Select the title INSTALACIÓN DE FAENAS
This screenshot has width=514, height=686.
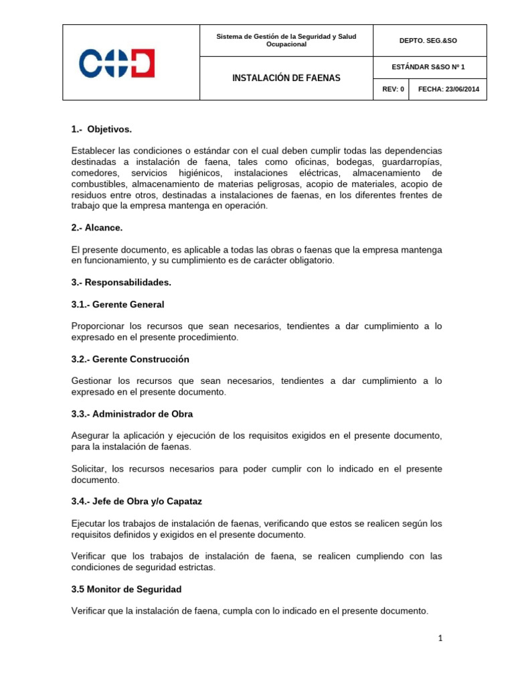click(x=286, y=78)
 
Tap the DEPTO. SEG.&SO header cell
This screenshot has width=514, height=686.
click(x=429, y=41)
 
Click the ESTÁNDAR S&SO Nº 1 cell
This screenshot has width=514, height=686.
click(x=429, y=66)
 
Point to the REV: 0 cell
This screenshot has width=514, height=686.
click(x=393, y=88)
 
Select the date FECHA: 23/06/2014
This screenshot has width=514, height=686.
click(x=448, y=88)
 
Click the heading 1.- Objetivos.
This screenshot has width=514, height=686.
click(x=106, y=129)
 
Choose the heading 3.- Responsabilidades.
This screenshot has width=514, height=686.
click(x=121, y=283)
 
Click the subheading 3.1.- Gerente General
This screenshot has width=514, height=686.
click(x=118, y=304)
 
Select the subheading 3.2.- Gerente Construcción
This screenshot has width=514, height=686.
click(x=130, y=359)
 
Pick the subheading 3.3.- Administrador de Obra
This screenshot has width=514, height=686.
click(x=132, y=414)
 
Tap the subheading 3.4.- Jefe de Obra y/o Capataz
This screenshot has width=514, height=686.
click(x=136, y=501)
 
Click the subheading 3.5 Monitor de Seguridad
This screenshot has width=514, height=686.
click(x=126, y=590)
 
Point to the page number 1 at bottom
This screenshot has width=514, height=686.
click(x=440, y=639)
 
